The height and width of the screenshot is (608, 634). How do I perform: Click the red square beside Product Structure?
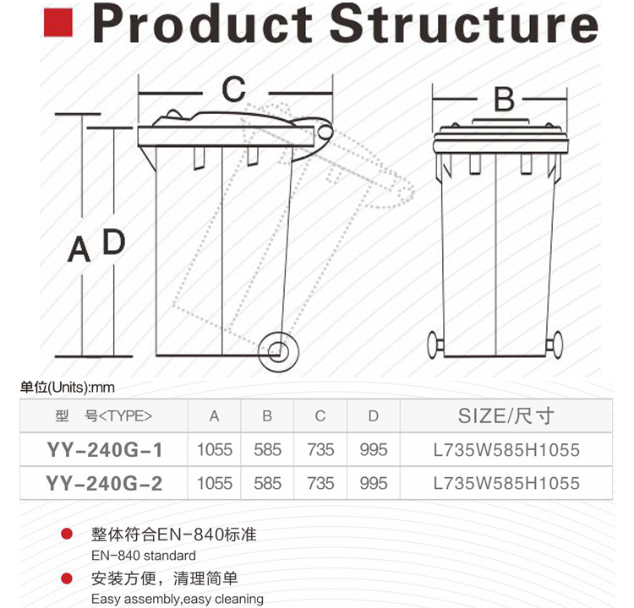tap(58, 23)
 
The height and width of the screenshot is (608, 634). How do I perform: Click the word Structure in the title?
tap(464, 24)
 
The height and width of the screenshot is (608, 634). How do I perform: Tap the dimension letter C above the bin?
tap(233, 89)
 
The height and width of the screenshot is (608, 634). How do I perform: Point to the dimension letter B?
tap(504, 100)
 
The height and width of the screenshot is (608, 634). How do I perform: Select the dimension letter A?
tap(79, 249)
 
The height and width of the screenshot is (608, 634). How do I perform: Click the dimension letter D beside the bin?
tap(114, 242)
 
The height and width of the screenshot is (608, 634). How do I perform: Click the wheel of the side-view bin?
tap(278, 351)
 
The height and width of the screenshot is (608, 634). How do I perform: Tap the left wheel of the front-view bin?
tap(434, 345)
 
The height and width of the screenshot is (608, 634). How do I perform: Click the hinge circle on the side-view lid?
tap(325, 132)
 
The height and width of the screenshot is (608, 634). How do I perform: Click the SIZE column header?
tap(506, 415)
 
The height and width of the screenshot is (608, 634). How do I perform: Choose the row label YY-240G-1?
tap(104, 450)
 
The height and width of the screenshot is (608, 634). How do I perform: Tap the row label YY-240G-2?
tap(104, 484)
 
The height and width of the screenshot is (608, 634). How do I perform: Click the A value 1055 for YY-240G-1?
tap(215, 450)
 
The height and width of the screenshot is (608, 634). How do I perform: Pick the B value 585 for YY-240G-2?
tap(267, 484)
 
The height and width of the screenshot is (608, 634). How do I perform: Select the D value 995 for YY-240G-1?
tap(374, 450)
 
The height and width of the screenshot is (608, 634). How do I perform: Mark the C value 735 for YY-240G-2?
tap(320, 484)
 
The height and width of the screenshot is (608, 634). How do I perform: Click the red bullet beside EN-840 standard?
tap(66, 534)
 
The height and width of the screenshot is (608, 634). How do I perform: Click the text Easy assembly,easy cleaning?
tap(178, 599)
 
